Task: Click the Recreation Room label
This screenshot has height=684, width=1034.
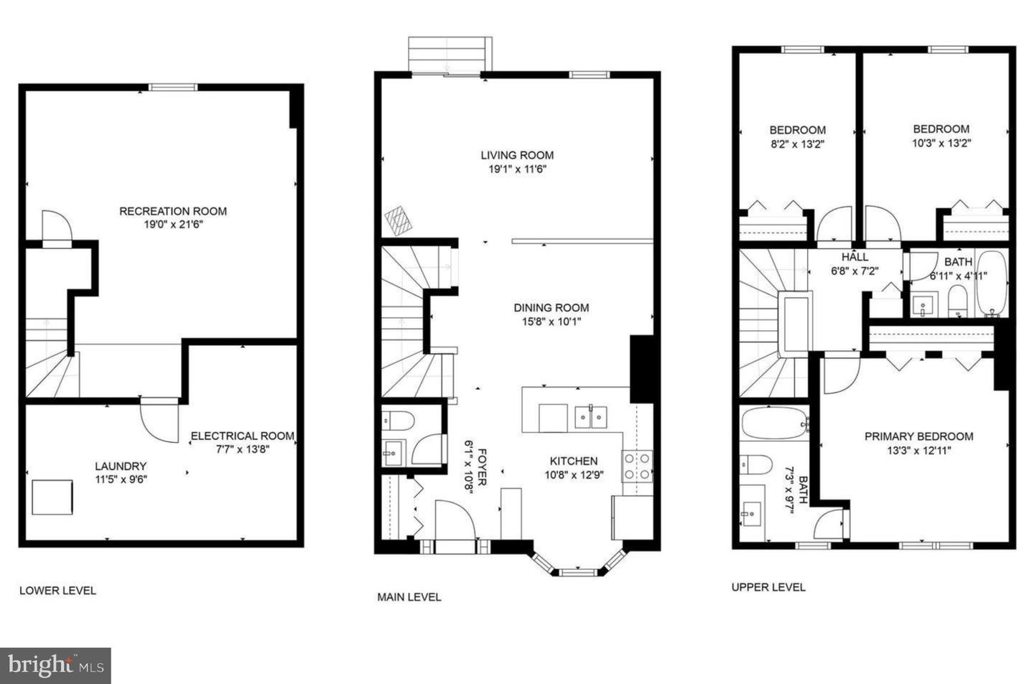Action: point(173,211)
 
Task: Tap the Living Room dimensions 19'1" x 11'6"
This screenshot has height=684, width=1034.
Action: point(517,169)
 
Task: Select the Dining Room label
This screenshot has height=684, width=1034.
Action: point(551,307)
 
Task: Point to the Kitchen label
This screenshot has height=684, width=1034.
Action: point(574,461)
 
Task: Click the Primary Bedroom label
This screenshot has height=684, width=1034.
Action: point(918,436)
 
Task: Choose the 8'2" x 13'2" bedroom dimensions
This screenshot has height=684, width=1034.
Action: point(797,144)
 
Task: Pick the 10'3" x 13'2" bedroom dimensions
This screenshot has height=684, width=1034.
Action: point(941,143)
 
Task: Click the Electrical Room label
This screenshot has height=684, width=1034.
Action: point(242,436)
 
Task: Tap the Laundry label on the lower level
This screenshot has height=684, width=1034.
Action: point(121,466)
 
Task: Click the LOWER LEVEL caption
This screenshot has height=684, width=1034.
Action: point(57,590)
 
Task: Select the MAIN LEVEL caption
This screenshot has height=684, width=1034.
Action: point(409,596)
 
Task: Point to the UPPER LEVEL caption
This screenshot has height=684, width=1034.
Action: point(768,586)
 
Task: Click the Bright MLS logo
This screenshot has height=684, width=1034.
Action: point(56,666)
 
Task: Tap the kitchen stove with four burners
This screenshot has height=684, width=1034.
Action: point(637,466)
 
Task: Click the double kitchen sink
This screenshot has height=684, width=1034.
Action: point(591,416)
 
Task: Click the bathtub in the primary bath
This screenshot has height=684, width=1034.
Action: point(774,424)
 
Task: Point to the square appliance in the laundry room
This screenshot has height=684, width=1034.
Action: point(52,497)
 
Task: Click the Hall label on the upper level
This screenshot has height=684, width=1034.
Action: point(854,257)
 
